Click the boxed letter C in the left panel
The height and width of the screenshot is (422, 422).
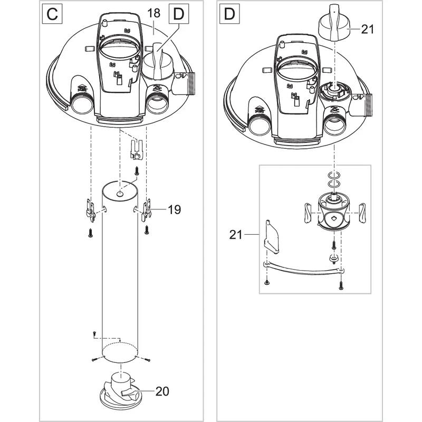pyautogui.click(x=52, y=14)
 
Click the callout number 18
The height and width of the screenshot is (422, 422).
pyautogui.click(x=154, y=13)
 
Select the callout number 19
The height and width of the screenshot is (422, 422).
pyautogui.click(x=175, y=209)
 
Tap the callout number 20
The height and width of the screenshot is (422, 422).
pyautogui.click(x=162, y=391)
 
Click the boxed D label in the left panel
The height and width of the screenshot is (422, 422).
pyautogui.click(x=179, y=14)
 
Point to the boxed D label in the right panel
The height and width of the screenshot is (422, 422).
pyautogui.click(x=229, y=14)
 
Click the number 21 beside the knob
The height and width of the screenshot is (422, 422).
pyautogui.click(x=368, y=29)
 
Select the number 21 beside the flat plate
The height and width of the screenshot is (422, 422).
pyautogui.click(x=236, y=235)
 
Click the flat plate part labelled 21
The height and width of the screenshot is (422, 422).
pyautogui.click(x=271, y=237)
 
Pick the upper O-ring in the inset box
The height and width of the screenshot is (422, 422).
pyautogui.click(x=334, y=176)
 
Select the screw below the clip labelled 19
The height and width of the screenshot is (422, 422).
pyautogui.click(x=147, y=229)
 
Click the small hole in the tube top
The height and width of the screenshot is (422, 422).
pyautogui.click(x=120, y=194)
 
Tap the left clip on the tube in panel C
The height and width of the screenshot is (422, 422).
pyautogui.click(x=90, y=210)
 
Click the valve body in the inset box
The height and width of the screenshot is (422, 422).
pyautogui.click(x=334, y=212)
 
